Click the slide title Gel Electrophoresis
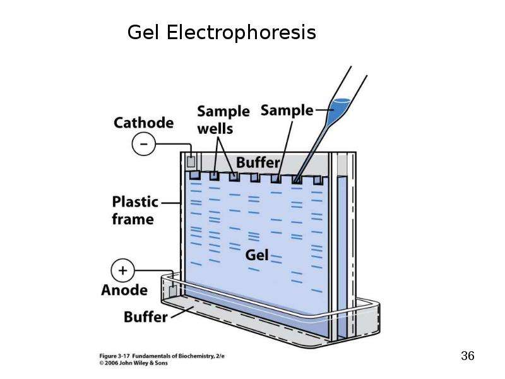pos(222,33)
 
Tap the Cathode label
pos(144,123)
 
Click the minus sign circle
pos(144,144)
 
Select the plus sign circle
pos(122,270)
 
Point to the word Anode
pos(124,290)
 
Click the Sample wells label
pos(223,120)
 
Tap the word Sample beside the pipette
pos(287,110)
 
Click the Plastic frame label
pos(135,210)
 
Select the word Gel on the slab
pos(257,255)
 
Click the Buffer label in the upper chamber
pos(258,162)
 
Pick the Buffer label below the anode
pos(146,317)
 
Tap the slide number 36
pos(468,356)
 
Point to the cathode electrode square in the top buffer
pos(191,162)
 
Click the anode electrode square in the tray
pos(173,291)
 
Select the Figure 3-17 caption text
pos(162,356)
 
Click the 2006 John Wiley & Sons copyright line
pos(134,363)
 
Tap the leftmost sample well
pos(194,176)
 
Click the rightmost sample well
pos(318,181)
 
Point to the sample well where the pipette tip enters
pos(297,179)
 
